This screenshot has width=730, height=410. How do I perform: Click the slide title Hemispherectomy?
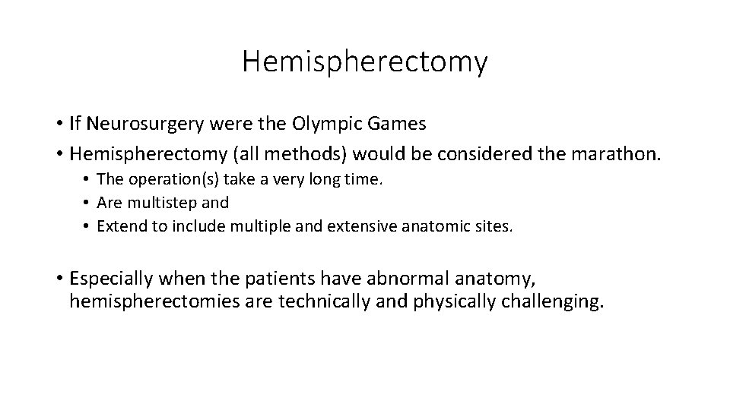[x=365, y=61]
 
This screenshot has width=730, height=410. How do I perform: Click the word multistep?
[x=162, y=203]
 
